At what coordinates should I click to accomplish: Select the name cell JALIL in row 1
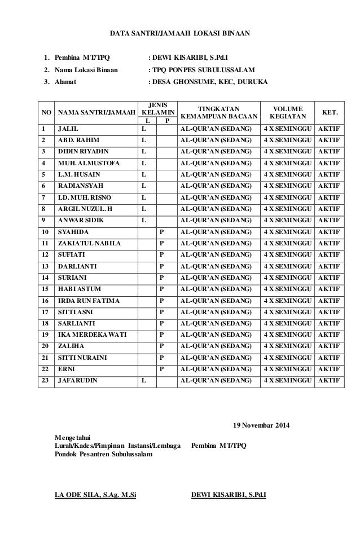click(x=68, y=129)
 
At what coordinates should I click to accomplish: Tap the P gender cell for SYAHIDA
click(x=163, y=231)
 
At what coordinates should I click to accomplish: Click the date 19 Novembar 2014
click(x=260, y=425)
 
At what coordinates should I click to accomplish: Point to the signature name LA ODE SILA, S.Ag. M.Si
click(x=95, y=496)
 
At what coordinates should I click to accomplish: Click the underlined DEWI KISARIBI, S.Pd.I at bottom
click(x=229, y=496)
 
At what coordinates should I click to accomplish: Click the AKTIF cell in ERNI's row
click(x=329, y=369)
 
